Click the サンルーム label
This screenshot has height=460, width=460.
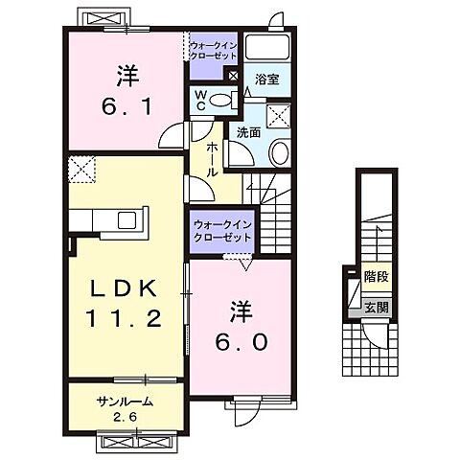coord(125,402)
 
